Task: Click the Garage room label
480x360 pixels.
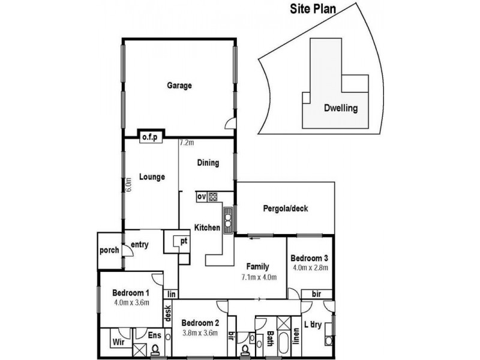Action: (x=179, y=86)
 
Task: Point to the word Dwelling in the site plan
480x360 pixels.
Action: (x=340, y=109)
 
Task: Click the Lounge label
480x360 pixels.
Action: (x=152, y=177)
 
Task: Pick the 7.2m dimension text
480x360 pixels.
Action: (x=187, y=143)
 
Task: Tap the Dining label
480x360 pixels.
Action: (x=208, y=163)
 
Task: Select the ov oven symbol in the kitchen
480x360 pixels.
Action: (x=201, y=196)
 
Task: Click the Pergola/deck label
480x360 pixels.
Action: (x=284, y=209)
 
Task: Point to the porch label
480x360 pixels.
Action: (x=109, y=250)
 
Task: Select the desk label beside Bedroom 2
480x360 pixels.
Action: (x=167, y=314)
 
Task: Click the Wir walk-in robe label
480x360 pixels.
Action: (x=118, y=343)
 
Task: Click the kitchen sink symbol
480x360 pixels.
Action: (x=228, y=220)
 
